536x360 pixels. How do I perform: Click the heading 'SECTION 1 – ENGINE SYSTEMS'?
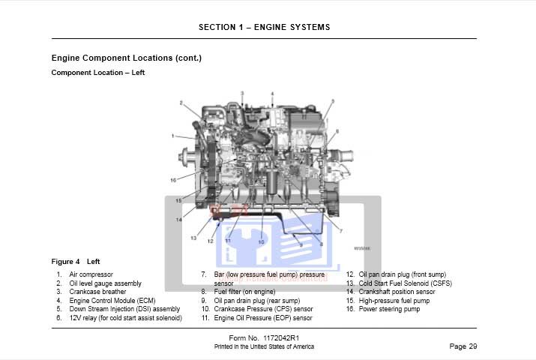264,27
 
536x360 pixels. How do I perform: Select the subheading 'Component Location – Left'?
97,73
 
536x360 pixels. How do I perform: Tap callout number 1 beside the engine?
172,136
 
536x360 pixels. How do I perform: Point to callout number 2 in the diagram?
181,103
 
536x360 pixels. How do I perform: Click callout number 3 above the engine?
242,93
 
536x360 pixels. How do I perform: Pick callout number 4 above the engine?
272,94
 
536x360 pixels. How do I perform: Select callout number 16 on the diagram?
173,180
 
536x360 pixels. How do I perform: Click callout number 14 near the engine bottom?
179,220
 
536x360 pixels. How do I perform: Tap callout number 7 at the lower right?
341,230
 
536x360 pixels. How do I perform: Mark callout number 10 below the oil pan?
261,242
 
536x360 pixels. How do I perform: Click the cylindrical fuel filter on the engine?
273,184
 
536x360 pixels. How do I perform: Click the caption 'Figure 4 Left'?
75,262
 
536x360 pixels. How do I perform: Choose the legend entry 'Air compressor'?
90,275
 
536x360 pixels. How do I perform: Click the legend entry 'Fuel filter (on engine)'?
244,292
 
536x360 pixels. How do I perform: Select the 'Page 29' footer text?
463,346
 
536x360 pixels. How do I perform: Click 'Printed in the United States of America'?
264,346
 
